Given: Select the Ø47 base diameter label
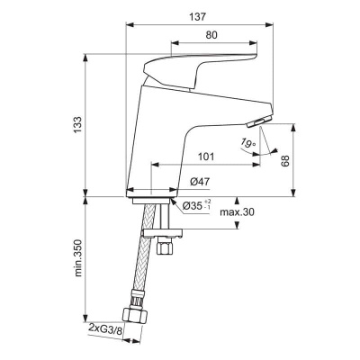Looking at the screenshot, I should click(200, 183).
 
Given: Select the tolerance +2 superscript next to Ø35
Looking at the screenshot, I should click(209, 201).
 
